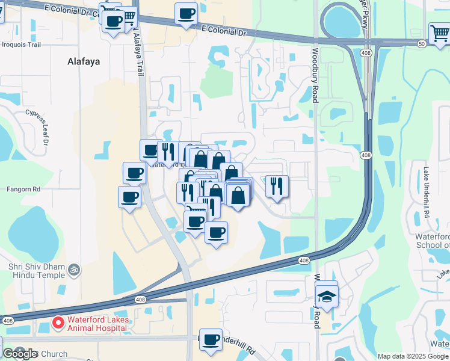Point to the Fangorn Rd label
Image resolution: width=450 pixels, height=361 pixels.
[x=23, y=189]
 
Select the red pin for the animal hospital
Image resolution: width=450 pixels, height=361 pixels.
[x=58, y=324]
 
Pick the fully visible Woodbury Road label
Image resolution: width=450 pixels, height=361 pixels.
[x=315, y=75]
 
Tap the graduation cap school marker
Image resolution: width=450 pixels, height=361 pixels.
[x=327, y=297]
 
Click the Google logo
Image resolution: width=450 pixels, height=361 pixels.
[x=20, y=354]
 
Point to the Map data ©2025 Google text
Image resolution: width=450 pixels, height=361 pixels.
[x=413, y=356]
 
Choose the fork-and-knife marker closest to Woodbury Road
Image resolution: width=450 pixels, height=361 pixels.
[x=277, y=185]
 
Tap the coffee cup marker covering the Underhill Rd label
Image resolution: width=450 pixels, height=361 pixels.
[x=211, y=340]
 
